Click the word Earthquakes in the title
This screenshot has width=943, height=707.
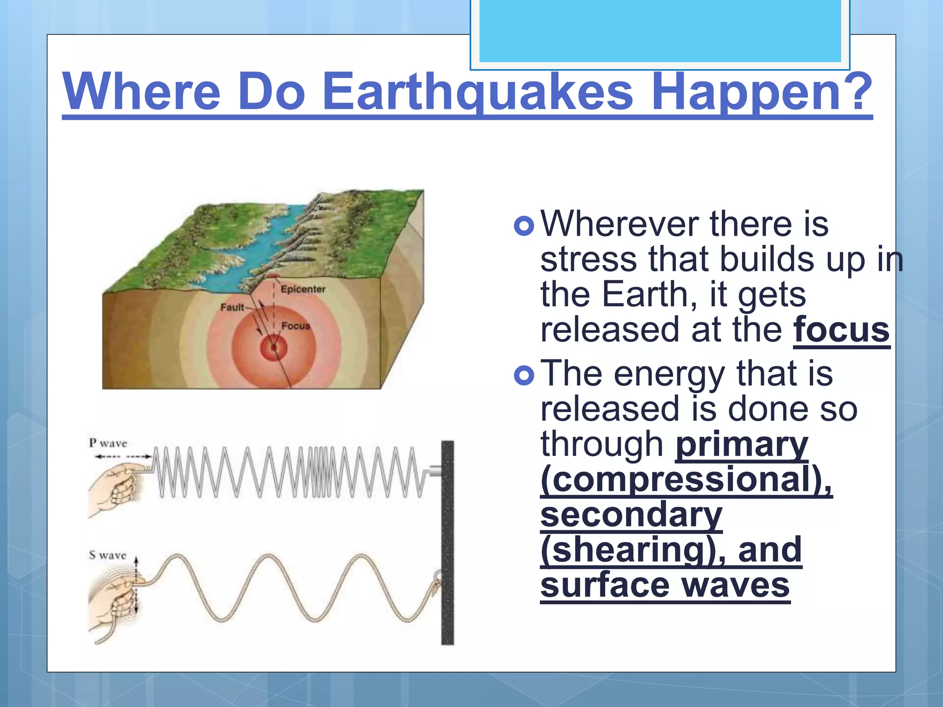[x=477, y=92]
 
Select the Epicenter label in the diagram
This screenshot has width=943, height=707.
[x=303, y=289]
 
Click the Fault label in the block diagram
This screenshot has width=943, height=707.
[x=232, y=307]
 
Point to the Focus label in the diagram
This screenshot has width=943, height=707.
[x=296, y=326]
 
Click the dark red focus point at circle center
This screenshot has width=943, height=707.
[x=274, y=347]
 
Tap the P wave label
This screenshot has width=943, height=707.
[x=108, y=443]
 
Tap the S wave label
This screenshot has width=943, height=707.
[x=107, y=555]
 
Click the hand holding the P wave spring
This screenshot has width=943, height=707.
[x=115, y=488]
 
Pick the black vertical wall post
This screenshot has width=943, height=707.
[x=447, y=543]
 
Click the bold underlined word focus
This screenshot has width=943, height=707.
[x=841, y=330]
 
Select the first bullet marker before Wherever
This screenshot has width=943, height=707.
[x=524, y=226]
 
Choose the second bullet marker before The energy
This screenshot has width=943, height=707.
[x=524, y=375]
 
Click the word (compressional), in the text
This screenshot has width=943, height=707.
[x=686, y=479]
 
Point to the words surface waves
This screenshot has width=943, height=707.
[x=665, y=585]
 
